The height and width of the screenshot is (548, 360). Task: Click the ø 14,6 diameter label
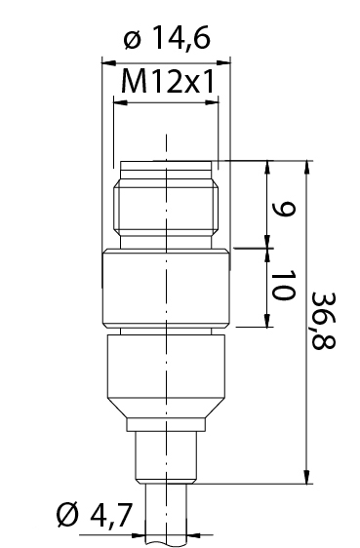[167, 37]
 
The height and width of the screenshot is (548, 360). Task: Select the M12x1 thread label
[167, 82]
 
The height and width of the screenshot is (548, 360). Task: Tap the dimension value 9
[284, 209]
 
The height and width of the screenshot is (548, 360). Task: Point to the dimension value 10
[283, 285]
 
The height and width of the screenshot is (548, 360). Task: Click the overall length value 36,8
[323, 321]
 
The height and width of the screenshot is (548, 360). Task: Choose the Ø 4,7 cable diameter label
[95, 516]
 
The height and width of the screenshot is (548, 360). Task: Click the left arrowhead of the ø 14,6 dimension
[108, 63]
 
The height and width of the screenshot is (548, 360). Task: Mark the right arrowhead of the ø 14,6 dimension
[223, 63]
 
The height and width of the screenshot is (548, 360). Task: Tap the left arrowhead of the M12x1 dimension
[121, 102]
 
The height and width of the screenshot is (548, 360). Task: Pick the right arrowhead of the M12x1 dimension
[212, 102]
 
